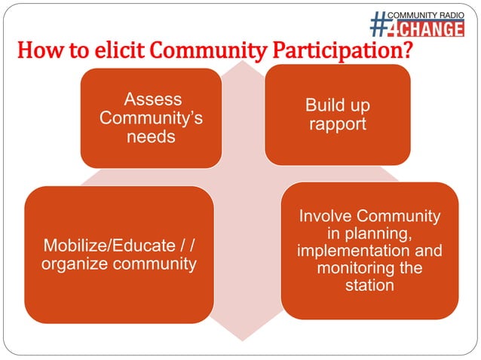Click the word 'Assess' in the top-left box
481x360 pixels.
pos(152,99)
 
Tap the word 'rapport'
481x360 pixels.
pos(338,124)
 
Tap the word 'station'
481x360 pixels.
pos(369,286)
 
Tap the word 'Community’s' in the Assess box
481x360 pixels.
pos(151,119)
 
